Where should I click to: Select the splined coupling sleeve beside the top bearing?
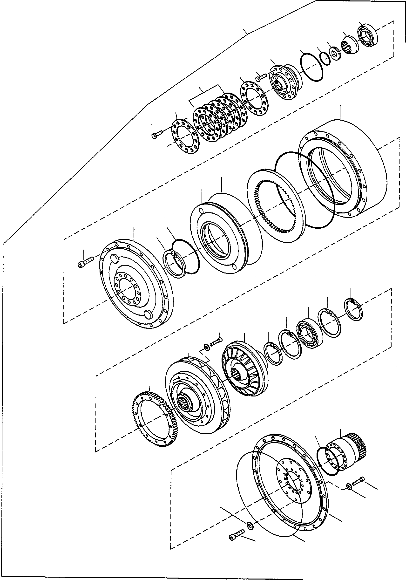[x=350, y=46]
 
